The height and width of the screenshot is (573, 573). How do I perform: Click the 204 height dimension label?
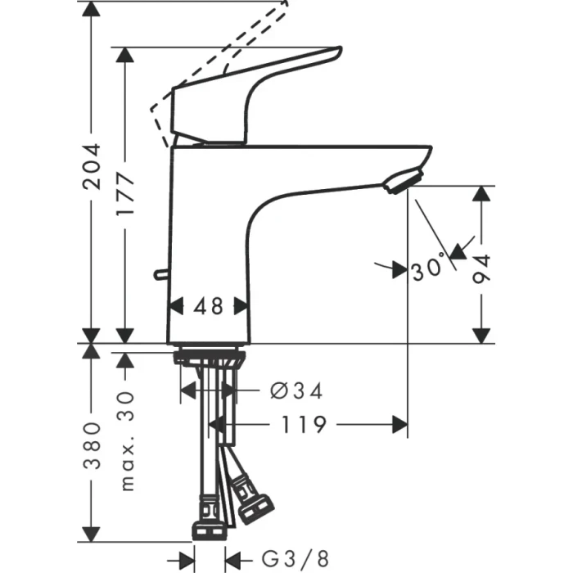pos(92,166)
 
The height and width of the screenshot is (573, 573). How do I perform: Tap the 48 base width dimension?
pos(209,306)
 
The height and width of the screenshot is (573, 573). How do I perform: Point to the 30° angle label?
pos(429,268)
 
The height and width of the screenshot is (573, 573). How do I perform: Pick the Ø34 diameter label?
pos(296,391)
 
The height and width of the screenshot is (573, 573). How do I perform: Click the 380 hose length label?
pos(92,445)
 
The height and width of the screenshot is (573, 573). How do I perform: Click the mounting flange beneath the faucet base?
pos(208,357)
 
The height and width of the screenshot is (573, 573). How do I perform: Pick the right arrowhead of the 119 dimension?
pos(401,424)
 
